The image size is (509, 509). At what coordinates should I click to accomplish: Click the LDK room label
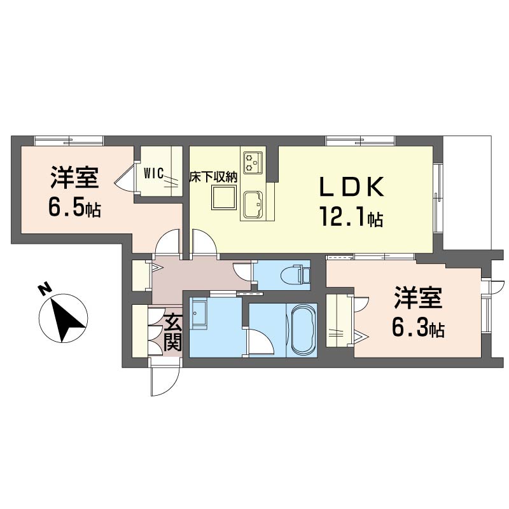point(352,186)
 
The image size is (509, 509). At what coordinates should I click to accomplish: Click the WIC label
point(153,174)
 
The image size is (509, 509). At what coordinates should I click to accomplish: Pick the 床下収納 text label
point(214,178)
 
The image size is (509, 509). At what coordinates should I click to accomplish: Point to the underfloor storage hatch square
point(223,197)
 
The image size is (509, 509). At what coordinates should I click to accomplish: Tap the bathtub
point(304,330)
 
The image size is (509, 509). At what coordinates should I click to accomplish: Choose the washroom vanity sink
point(198,314)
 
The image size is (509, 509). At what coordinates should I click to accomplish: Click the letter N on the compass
point(45,289)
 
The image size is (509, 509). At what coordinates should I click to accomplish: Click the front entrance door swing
point(165,378)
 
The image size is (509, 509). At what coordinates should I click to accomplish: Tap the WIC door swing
point(124,179)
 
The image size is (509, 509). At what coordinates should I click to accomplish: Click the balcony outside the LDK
point(467,193)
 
